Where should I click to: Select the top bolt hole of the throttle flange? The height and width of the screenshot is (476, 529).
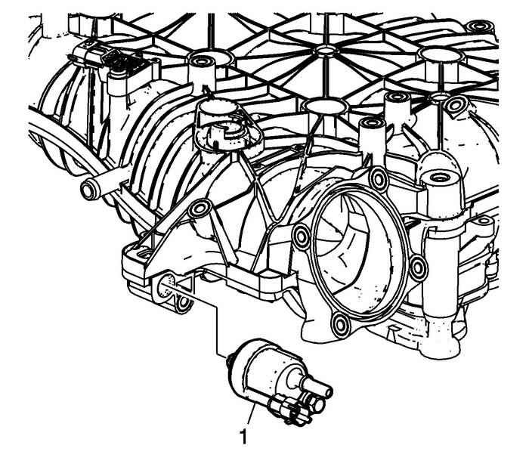tap(379, 179)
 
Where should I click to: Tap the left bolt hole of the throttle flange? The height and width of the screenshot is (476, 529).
tap(302, 238)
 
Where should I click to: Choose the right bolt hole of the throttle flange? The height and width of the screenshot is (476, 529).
tap(417, 265)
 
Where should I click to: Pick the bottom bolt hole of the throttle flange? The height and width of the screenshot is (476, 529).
tap(339, 326)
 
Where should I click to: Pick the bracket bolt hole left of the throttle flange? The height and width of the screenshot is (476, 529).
tap(199, 209)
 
